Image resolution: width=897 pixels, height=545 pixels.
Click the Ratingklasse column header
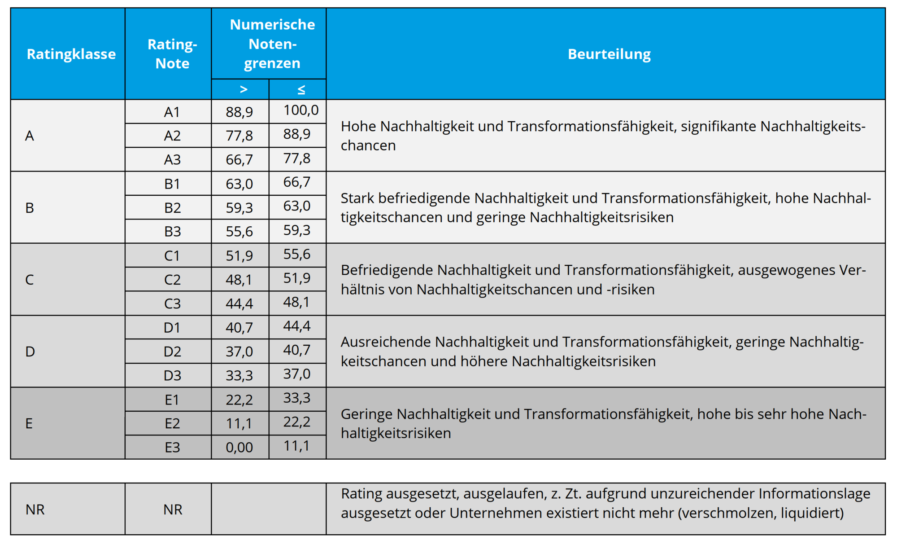point(71,54)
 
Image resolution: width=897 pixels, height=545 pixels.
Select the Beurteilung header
point(609,54)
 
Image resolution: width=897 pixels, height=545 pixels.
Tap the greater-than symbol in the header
point(244,89)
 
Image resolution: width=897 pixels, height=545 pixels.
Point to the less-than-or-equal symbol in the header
point(301,90)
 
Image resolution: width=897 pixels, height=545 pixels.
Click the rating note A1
point(172,112)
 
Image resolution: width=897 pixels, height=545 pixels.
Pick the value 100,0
point(301,110)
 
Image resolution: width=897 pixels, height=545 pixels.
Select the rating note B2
point(172,208)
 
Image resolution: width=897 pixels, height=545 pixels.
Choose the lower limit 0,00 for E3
point(239,447)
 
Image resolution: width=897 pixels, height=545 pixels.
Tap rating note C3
point(172,303)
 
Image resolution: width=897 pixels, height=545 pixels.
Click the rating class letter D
point(30,352)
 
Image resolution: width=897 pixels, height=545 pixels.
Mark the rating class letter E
point(29,423)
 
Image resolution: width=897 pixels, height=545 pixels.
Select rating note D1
point(172,328)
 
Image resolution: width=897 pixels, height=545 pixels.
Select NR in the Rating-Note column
point(173,510)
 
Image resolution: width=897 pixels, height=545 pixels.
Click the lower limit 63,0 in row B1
point(239,184)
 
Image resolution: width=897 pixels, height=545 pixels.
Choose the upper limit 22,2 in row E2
point(296,422)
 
